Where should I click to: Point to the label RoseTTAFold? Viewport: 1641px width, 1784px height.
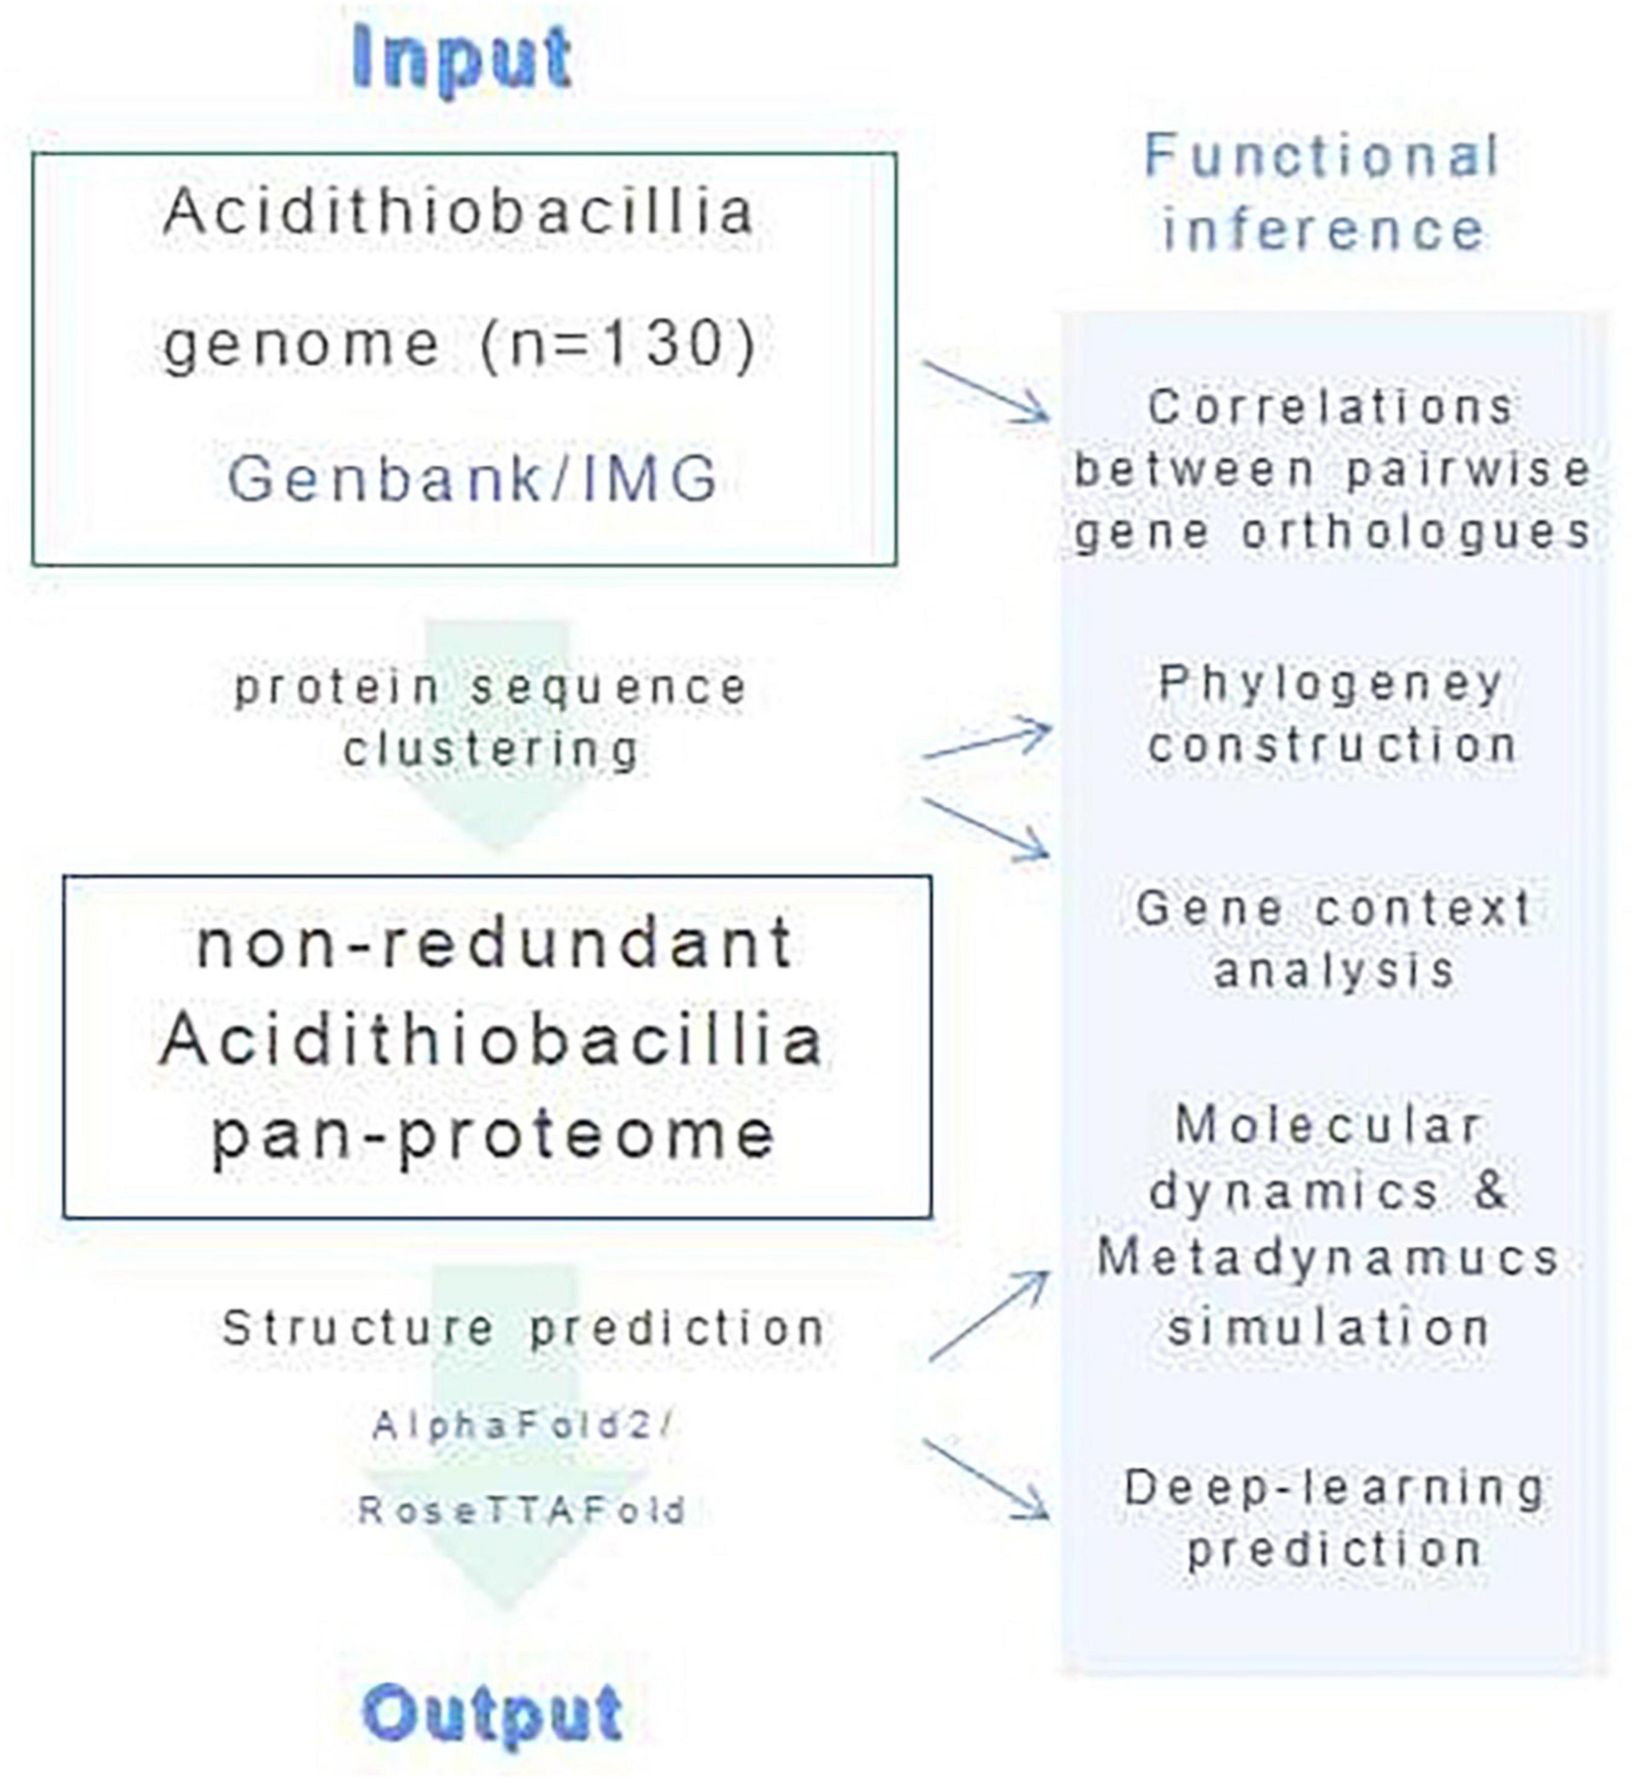point(522,1510)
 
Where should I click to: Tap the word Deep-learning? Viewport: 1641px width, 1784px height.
point(1335,1488)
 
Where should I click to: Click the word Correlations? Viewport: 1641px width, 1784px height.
point(1331,408)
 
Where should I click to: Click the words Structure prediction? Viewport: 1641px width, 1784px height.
point(523,1329)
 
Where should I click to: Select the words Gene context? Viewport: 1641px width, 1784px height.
point(1334,908)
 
